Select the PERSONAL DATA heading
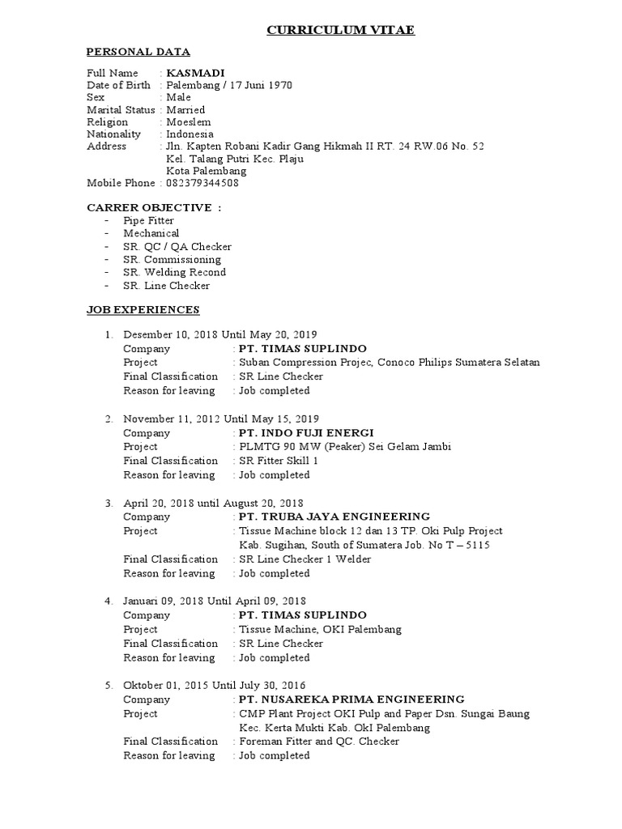[138, 52]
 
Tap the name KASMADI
[195, 73]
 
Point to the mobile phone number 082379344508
[202, 183]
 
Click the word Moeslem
[188, 121]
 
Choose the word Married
[185, 109]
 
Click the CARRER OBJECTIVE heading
[154, 208]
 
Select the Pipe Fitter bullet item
[148, 220]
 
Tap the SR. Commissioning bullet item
[172, 260]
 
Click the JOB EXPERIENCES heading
[143, 310]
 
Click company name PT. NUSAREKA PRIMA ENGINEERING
[351, 699]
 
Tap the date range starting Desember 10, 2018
[219, 334]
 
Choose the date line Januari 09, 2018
[215, 601]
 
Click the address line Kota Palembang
[208, 171]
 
